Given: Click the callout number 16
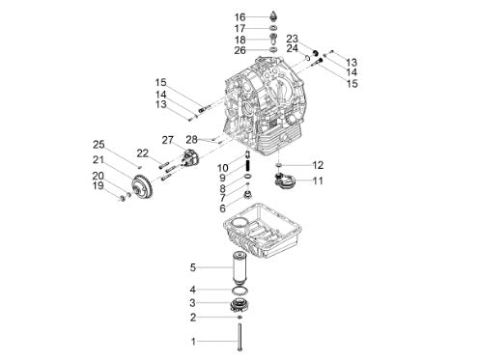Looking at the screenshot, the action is [x=239, y=17].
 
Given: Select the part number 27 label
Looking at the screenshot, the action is [x=167, y=140].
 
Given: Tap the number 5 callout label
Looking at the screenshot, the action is [x=193, y=267].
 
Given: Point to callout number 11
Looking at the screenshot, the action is [x=318, y=180].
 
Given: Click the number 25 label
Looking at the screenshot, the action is [x=99, y=145].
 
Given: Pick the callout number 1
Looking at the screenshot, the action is [x=193, y=342].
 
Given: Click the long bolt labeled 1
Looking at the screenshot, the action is [x=239, y=337].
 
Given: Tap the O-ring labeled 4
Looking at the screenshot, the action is [x=239, y=290].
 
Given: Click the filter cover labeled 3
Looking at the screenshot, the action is [x=239, y=305].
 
